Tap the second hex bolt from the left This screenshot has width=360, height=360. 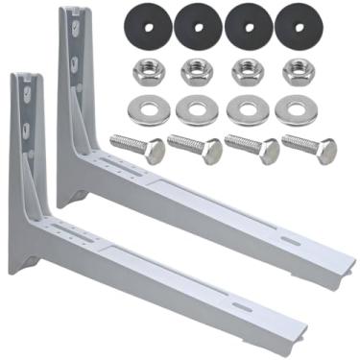click(x=193, y=148)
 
